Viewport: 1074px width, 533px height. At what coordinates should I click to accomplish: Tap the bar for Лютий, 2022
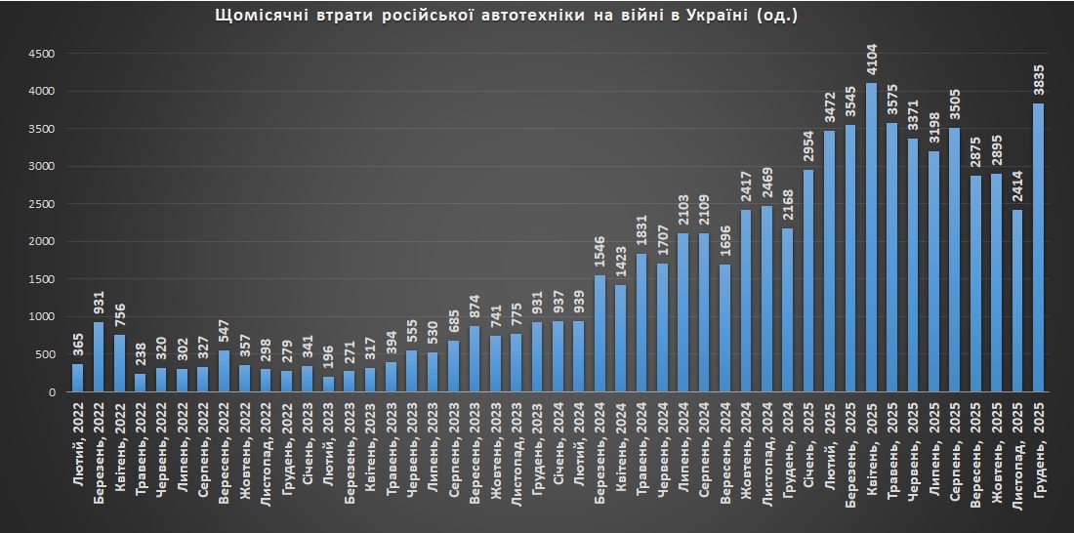coord(78,378)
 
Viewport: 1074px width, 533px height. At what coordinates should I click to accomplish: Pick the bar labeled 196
coord(328,384)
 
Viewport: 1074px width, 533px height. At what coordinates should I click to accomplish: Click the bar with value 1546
coord(599,333)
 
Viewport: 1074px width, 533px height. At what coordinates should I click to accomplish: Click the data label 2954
coord(808,148)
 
